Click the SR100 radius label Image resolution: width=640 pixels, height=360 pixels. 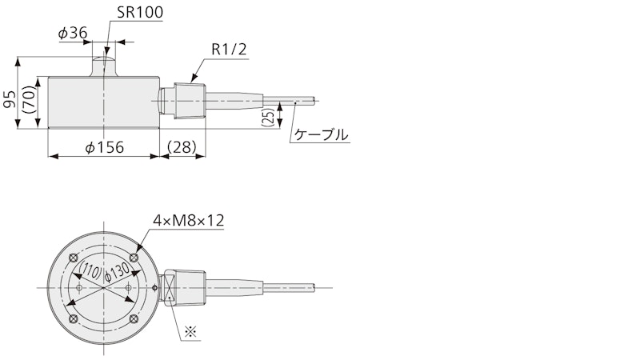pos(140,12)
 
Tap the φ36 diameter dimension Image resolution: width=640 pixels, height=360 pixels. pos(73,33)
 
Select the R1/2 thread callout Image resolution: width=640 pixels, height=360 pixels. pos(230,50)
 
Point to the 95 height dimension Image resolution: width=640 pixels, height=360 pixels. pos(10,99)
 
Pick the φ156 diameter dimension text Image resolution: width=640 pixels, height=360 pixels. pos(104,147)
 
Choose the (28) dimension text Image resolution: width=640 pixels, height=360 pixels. pos(182,147)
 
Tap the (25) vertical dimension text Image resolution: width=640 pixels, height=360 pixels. pos(268,118)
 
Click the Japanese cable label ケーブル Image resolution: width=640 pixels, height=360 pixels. pos(322,134)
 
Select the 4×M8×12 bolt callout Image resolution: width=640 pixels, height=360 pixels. pos(189,221)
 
